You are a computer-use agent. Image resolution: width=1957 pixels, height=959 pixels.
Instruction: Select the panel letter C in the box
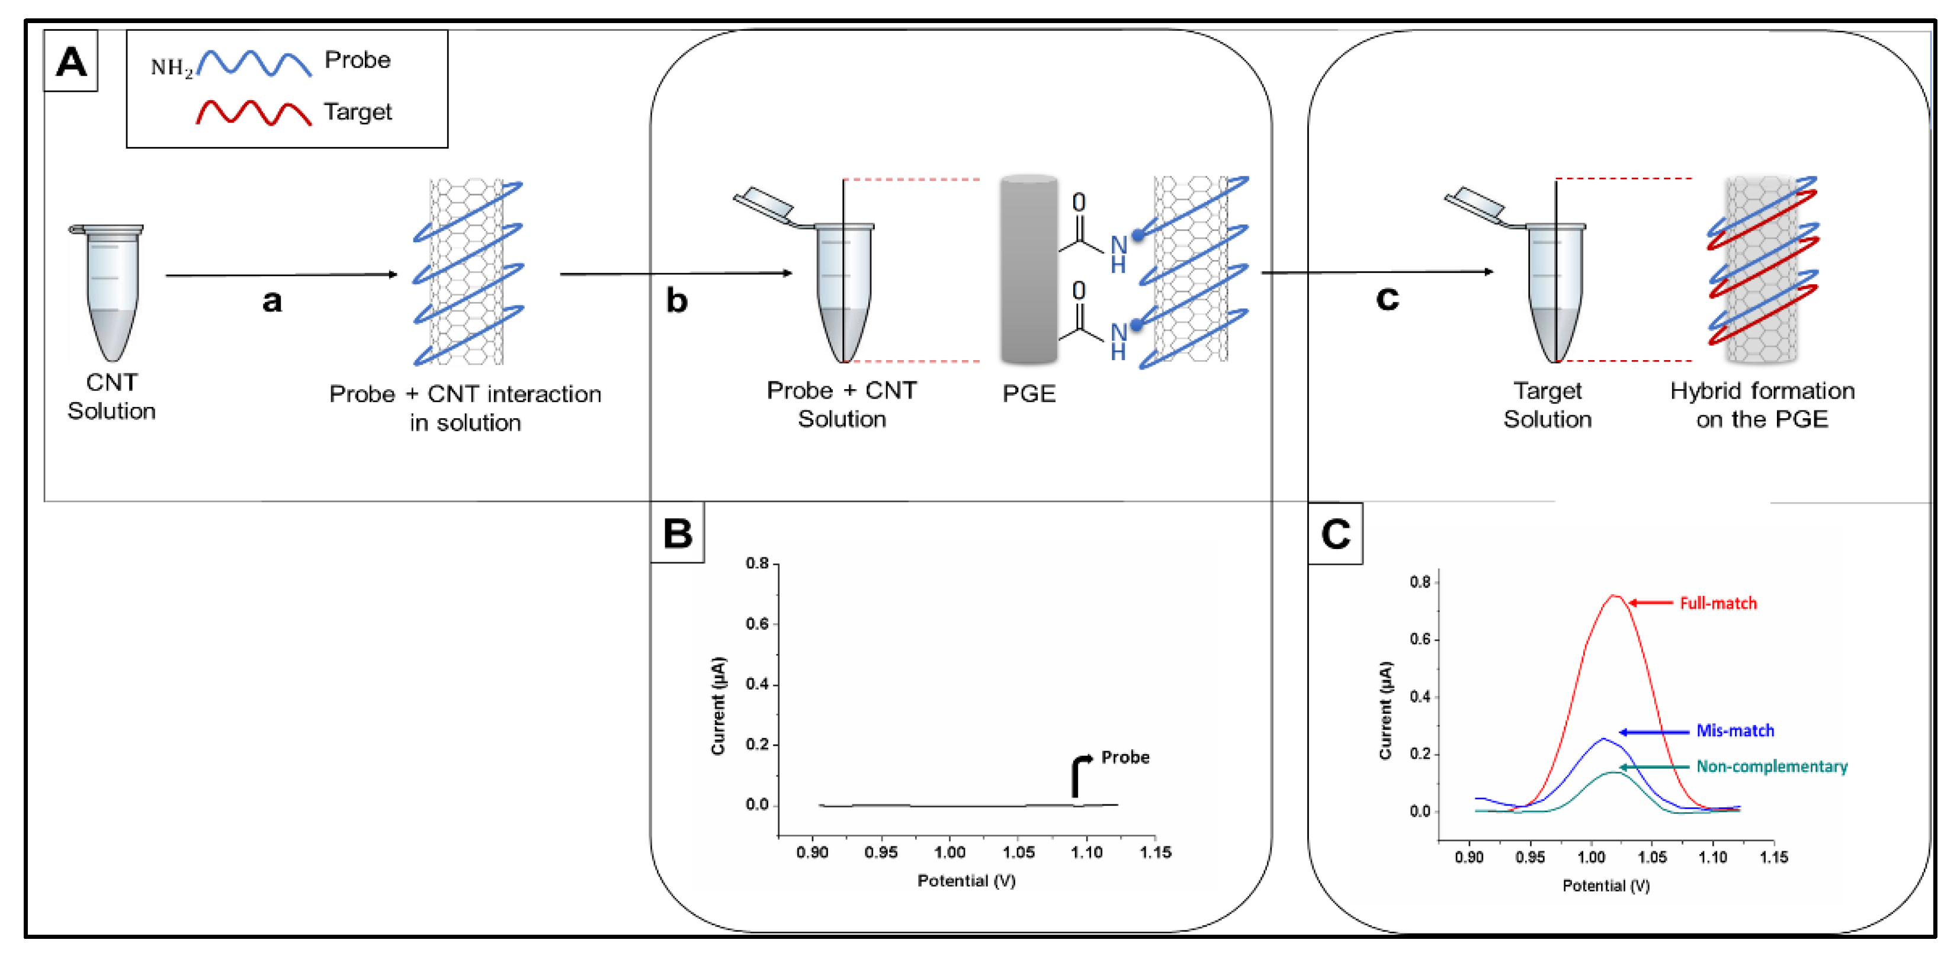coord(1336,534)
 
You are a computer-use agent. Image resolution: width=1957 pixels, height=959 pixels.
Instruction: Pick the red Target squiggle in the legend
coord(254,113)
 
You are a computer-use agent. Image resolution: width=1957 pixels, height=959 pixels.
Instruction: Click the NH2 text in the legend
coord(172,68)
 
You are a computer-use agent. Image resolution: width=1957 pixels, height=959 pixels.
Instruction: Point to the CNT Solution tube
coord(111,292)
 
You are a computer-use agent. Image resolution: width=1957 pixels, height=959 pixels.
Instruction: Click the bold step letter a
coord(272,301)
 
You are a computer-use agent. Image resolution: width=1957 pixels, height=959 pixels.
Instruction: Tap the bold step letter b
coord(676,301)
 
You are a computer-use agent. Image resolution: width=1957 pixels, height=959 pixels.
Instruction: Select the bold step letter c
coord(1387,298)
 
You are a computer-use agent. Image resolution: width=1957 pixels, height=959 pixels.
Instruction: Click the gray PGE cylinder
coord(1029,270)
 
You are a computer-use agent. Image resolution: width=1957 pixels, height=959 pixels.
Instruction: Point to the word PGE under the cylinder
coord(1029,394)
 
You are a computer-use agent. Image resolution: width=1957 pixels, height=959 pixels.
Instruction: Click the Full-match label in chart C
coord(1718,604)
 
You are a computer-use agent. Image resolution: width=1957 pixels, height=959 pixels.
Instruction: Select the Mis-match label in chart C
coord(1735,731)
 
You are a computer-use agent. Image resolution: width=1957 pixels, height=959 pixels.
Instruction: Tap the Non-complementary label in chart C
coord(1772,766)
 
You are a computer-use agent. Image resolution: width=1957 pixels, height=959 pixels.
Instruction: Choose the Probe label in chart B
coord(1125,758)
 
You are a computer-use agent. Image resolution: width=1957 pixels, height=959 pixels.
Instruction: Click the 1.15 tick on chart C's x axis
coord(1773,857)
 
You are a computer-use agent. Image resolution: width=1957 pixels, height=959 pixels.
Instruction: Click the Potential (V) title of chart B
coord(966,881)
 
